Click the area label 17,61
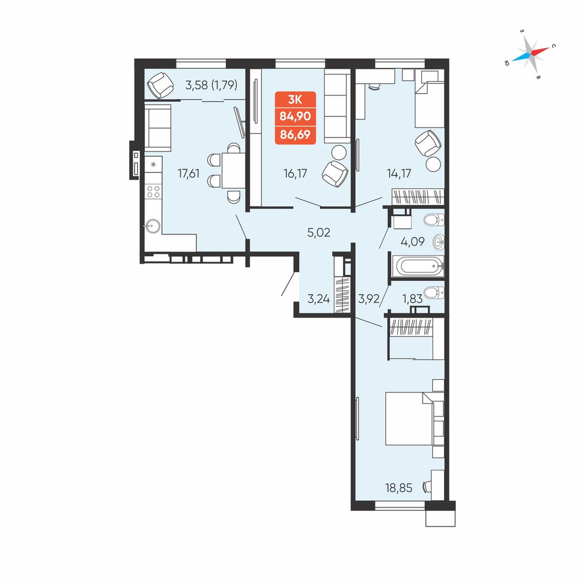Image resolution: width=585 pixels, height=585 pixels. [188, 174]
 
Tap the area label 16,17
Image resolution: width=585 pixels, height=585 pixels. [295, 174]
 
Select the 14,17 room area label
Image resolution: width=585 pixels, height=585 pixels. [399, 174]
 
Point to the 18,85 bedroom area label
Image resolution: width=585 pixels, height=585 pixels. [399, 488]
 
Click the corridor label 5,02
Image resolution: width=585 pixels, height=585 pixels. [319, 233]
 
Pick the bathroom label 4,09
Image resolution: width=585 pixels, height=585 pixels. [412, 242]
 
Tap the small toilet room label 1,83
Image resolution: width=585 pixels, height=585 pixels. [412, 298]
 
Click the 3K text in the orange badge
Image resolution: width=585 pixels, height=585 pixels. [295, 99]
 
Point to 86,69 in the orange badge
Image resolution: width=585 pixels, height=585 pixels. [295, 135]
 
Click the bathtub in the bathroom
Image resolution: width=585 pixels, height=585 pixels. [419, 266]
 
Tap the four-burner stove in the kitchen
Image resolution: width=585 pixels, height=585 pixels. [153, 192]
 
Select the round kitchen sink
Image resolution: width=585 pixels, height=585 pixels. [153, 226]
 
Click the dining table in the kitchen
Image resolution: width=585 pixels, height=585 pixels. [233, 170]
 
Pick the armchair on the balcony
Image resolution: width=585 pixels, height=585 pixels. [160, 85]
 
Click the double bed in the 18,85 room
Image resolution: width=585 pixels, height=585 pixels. [409, 418]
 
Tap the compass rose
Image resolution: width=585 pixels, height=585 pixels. [530, 54]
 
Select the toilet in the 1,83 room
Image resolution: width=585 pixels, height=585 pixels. [434, 292]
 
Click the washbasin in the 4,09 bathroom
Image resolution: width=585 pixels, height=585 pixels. [438, 242]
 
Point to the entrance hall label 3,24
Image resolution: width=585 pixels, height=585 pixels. [319, 299]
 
